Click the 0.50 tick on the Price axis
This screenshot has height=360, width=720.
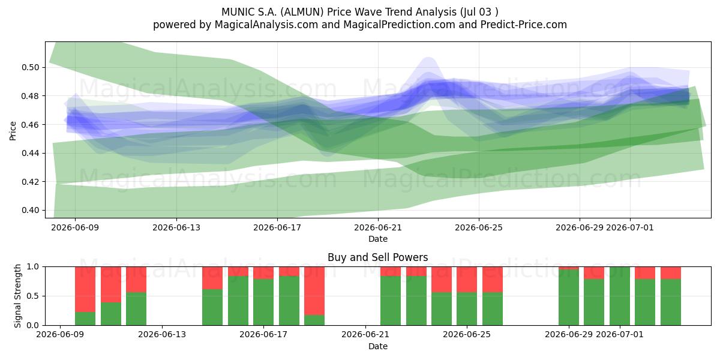pyautogui.click(x=30, y=67)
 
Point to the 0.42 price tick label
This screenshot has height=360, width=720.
pyautogui.click(x=30, y=182)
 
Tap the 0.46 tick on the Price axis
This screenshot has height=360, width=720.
pyautogui.click(x=30, y=125)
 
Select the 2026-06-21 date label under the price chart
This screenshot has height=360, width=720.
pyautogui.click(x=378, y=227)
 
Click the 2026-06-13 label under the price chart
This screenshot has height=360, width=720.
pyautogui.click(x=176, y=227)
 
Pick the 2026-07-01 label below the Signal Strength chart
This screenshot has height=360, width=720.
pyautogui.click(x=620, y=335)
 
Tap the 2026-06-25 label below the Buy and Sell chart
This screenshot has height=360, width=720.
pyautogui.click(x=467, y=335)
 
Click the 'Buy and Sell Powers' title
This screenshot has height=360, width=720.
pyautogui.click(x=377, y=257)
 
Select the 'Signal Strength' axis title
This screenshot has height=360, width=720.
pyautogui.click(x=17, y=296)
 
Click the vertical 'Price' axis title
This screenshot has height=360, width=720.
pyautogui.click(x=13, y=131)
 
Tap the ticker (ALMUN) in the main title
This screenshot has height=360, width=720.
pyautogui.click(x=302, y=12)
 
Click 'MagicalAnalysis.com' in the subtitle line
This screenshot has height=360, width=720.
pyautogui.click(x=266, y=25)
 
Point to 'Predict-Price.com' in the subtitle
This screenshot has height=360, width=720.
pyautogui.click(x=524, y=25)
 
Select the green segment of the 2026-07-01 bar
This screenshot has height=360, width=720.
pyautogui.click(x=620, y=296)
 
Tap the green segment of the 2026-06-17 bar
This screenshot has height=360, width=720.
pyautogui.click(x=263, y=302)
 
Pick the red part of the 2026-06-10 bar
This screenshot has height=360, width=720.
pyautogui.click(x=85, y=289)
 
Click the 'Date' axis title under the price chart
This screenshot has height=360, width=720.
pyautogui.click(x=378, y=239)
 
